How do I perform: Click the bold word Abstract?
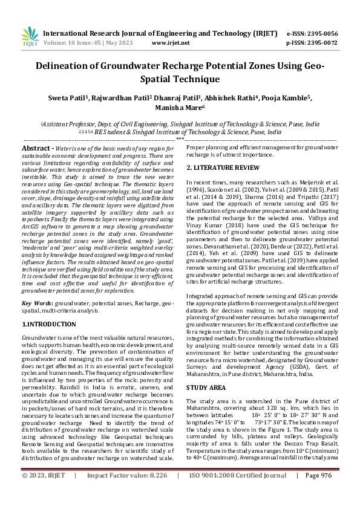[34, 148]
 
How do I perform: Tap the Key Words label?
[37, 302]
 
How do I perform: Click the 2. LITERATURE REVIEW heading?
[224, 167]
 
